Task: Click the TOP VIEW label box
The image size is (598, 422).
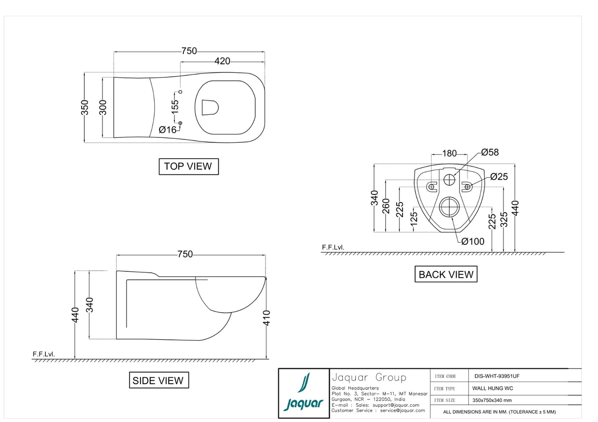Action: [x=188, y=166]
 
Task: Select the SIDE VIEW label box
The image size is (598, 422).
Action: [x=158, y=381]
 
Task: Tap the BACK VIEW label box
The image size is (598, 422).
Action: [x=446, y=274]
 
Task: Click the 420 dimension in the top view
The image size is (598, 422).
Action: [x=222, y=61]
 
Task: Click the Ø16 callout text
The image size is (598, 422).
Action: [x=167, y=130]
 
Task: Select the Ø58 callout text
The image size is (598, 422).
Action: [x=490, y=153]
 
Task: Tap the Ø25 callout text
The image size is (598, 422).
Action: [x=498, y=177]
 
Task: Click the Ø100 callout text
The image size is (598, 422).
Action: [x=473, y=241]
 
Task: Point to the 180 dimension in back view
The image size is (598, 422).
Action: [x=449, y=154]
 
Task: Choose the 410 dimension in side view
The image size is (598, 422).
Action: [x=266, y=318]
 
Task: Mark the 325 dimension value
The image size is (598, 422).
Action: [x=503, y=220]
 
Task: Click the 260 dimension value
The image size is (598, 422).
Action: [x=386, y=206]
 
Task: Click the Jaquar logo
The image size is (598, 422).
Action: [x=303, y=393]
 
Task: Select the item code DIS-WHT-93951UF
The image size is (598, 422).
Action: [x=497, y=376]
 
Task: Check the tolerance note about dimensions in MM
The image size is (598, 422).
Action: [x=499, y=412]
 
